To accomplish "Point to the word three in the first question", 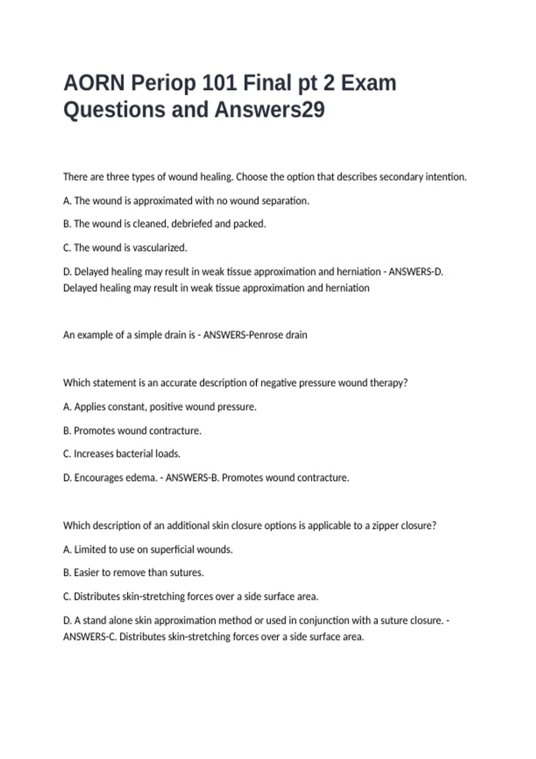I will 117,177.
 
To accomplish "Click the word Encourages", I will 98,478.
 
